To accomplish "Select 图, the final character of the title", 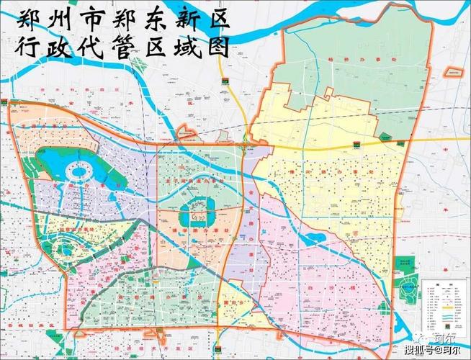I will pyautogui.click(x=217, y=48).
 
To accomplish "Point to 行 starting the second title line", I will pyautogui.click(x=29, y=48).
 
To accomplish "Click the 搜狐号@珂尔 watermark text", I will pyautogui.click(x=433, y=351).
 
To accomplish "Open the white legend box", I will pyautogui.click(x=441, y=302).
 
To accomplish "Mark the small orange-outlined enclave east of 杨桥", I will pyautogui.click(x=453, y=72).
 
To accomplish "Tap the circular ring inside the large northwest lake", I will pyautogui.click(x=78, y=172).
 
